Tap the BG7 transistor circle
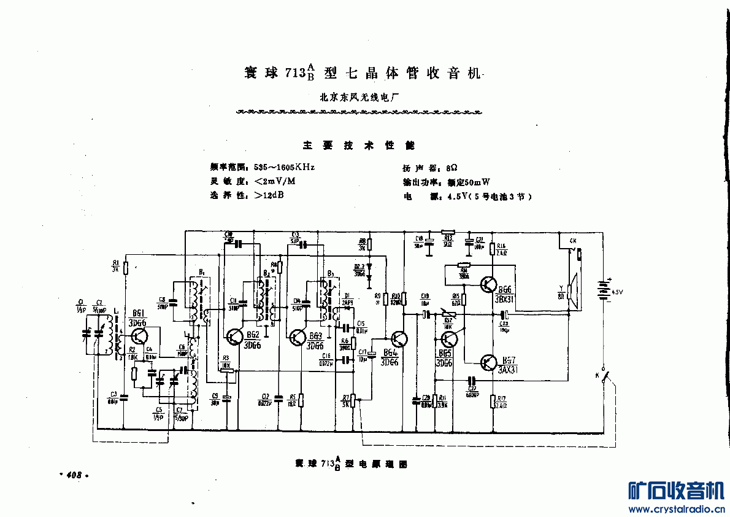coord(489,362)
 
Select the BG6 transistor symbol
coord(489,284)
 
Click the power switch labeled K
coord(605,376)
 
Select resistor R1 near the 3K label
coord(125,267)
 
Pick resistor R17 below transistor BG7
coord(493,402)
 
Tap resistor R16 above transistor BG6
coord(493,249)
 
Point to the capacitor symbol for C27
coord(472,380)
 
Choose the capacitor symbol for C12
coord(279,396)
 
